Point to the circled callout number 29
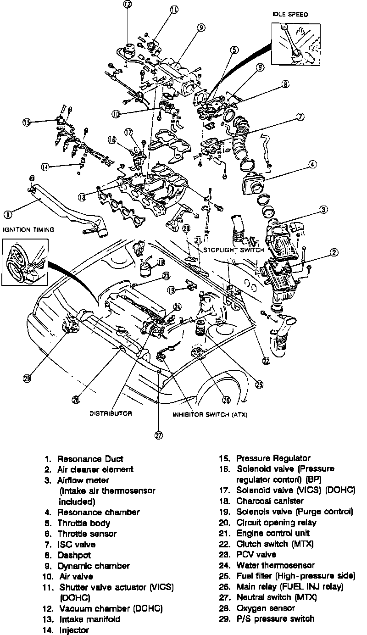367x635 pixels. click(27, 379)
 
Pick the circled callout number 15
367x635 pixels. click(26, 122)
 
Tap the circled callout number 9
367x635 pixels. click(201, 28)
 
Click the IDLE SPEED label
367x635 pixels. click(290, 15)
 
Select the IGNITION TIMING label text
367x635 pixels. click(28, 229)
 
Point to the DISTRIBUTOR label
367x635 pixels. click(111, 413)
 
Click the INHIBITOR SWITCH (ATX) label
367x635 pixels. click(210, 414)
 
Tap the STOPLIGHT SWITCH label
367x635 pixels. click(234, 250)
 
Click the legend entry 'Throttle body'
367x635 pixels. click(83, 523)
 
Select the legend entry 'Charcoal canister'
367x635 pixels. click(270, 501)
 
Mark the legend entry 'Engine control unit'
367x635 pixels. click(273, 533)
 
